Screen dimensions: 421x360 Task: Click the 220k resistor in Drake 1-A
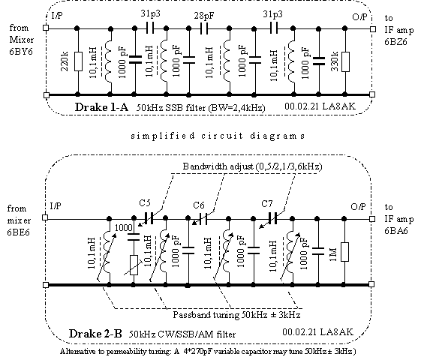coord(78,61)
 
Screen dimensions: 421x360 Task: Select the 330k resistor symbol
coord(345,61)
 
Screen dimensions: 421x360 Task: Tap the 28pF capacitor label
coord(204,16)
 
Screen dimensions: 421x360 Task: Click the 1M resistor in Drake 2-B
coord(344,252)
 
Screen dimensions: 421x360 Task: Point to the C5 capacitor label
coord(145,202)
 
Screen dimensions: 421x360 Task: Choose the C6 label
coord(199,205)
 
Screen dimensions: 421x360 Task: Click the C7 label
coord(267,204)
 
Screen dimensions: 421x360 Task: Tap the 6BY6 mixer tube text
coord(21,52)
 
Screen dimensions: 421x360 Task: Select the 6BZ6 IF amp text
coord(395,42)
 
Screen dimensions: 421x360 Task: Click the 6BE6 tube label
coord(18,232)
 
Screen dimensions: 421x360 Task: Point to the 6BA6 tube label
coord(395,231)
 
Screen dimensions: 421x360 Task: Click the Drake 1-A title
coord(101,107)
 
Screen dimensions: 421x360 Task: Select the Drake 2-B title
coord(95,334)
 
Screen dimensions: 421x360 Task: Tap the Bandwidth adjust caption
coord(252,166)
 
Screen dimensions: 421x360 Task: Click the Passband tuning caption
coord(236,315)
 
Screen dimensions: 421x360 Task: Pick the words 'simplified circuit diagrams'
coord(218,136)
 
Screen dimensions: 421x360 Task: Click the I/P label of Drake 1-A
coord(57,16)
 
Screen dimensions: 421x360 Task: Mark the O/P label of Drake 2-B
coord(358,206)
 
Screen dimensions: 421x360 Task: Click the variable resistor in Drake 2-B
coord(134,265)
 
